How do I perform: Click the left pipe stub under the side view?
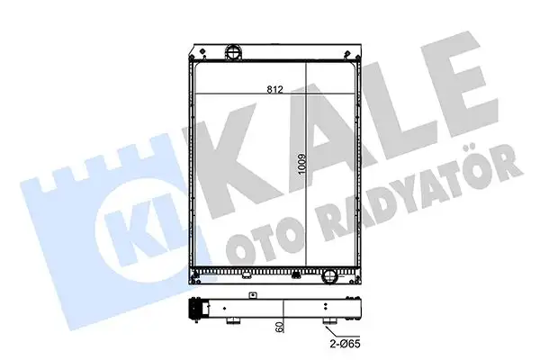234,320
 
